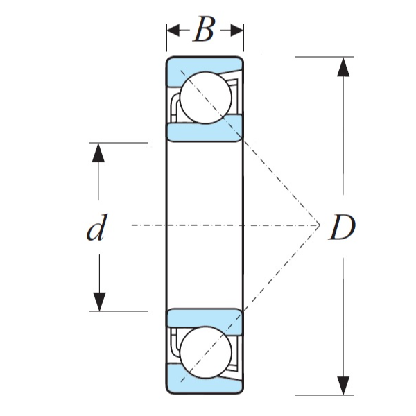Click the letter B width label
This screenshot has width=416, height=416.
point(203,31)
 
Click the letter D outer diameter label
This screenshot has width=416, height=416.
point(341,227)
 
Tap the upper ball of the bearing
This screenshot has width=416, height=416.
point(206,97)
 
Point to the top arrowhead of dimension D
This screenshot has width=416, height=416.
point(343,67)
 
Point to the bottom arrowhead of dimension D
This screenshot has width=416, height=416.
point(343,385)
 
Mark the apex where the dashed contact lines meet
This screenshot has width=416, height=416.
point(318,225)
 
